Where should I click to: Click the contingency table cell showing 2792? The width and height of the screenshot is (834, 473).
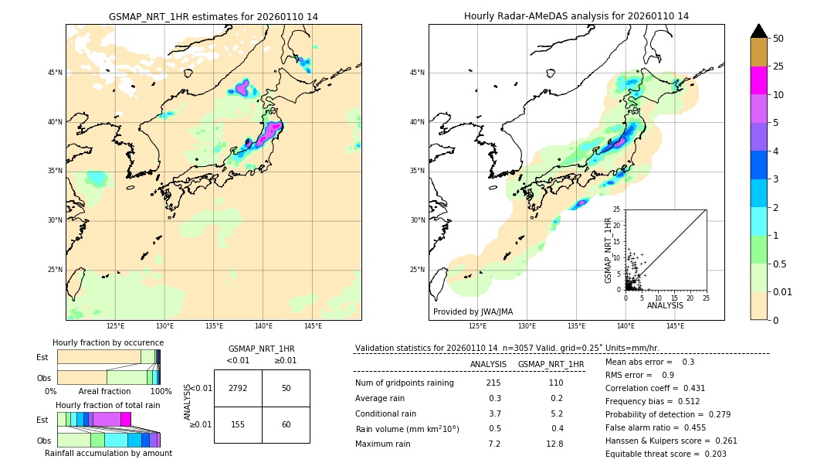pyautogui.click(x=238, y=388)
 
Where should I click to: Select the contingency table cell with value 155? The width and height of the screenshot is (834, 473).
pyautogui.click(x=238, y=424)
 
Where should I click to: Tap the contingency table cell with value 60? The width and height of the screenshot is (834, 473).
pyautogui.click(x=286, y=424)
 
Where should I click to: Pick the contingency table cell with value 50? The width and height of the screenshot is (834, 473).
pyautogui.click(x=286, y=388)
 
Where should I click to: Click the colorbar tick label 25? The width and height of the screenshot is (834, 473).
pyautogui.click(x=778, y=66)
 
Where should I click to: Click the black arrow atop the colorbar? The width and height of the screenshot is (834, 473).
pyautogui.click(x=759, y=31)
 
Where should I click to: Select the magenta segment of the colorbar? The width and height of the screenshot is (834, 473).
pyautogui.click(x=759, y=80)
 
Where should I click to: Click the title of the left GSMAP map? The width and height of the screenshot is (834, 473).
pyautogui.click(x=213, y=16)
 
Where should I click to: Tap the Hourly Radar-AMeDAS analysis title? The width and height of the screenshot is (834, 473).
pyautogui.click(x=576, y=16)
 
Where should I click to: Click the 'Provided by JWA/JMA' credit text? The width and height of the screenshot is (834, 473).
pyautogui.click(x=472, y=312)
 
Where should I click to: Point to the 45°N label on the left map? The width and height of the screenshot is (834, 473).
pyautogui.click(x=55, y=73)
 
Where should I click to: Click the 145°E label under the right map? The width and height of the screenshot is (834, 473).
pyautogui.click(x=675, y=326)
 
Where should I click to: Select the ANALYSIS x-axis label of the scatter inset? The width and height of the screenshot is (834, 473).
pyautogui.click(x=665, y=305)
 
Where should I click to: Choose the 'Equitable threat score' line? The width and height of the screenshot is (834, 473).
pyautogui.click(x=666, y=454)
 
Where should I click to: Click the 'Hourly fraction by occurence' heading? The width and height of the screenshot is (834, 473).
pyautogui.click(x=108, y=342)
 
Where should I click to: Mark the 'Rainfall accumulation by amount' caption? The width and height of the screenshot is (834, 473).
pyautogui.click(x=108, y=453)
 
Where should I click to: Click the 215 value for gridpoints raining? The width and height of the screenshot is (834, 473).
pyautogui.click(x=493, y=383)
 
